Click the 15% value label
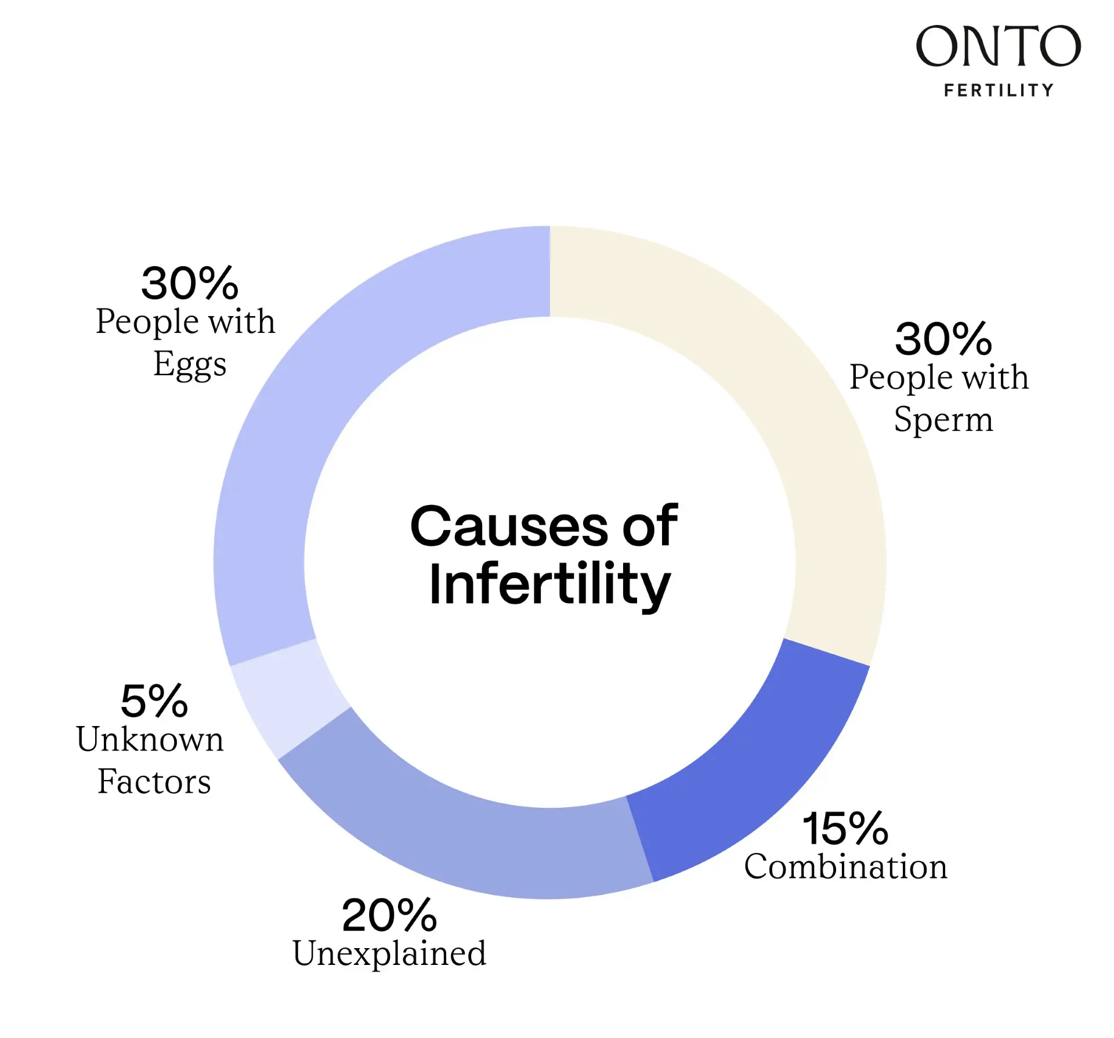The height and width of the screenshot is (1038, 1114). pos(845,829)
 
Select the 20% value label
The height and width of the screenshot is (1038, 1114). pos(389,915)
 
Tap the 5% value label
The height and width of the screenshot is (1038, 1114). pos(154,701)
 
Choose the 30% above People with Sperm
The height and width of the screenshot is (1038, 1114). pos(943,339)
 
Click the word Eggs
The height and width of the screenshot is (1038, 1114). pos(190,364)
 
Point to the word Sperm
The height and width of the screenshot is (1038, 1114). pos(943,420)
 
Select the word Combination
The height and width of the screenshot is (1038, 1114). pos(845,867)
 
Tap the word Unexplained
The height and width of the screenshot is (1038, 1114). pos(389,953)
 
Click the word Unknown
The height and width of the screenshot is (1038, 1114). pos(150,739)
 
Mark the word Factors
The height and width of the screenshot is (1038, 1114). pos(154,782)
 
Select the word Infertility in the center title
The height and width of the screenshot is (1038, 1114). pos(549,585)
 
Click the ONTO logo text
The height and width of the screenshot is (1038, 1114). pos(998,46)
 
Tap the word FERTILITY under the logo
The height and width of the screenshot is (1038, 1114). pos(998,90)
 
